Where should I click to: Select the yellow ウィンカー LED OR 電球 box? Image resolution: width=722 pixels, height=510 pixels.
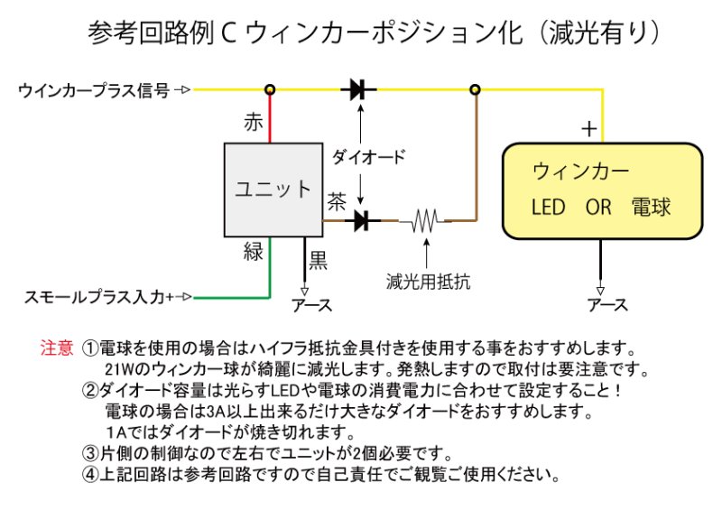coord(602,190)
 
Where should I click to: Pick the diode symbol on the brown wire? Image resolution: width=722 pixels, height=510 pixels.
coord(363,219)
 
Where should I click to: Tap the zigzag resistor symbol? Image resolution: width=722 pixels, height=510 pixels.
coord(424,219)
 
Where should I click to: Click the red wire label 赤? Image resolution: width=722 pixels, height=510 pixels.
coord(255,123)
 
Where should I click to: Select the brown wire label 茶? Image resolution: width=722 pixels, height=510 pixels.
coord(337,200)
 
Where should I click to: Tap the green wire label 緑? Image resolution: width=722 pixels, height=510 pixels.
coord(254,252)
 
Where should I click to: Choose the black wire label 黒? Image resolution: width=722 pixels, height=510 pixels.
coord(319,261)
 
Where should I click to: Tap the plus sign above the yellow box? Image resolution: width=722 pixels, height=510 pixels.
coord(588,129)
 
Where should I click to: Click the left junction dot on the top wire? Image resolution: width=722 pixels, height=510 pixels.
coord(269,89)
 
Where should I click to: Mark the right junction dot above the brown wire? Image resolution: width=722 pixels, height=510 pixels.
coord(476,89)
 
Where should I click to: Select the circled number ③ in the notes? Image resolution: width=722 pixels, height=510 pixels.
coord(88,453)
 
